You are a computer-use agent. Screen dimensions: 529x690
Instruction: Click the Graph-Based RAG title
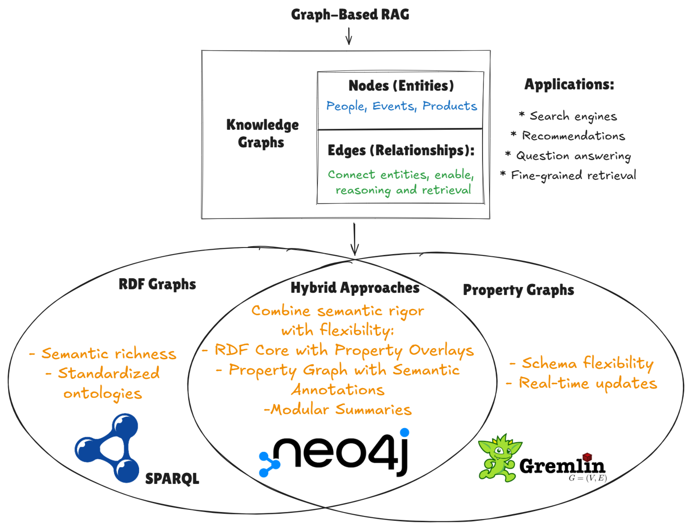point(350,14)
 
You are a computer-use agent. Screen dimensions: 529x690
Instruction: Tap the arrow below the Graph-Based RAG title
point(349,36)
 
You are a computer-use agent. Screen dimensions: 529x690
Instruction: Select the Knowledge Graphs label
point(262,133)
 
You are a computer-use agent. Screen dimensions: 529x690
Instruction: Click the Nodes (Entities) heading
point(401,86)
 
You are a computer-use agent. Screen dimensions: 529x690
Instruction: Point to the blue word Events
point(394,106)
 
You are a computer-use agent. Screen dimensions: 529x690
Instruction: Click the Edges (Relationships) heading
point(401,150)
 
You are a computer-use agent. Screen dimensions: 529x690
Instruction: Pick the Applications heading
point(569,84)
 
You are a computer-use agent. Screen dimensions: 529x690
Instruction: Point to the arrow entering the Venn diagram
point(355,239)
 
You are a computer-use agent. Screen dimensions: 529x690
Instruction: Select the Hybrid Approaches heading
point(355,288)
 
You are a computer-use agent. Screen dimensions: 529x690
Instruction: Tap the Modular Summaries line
point(338,410)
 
